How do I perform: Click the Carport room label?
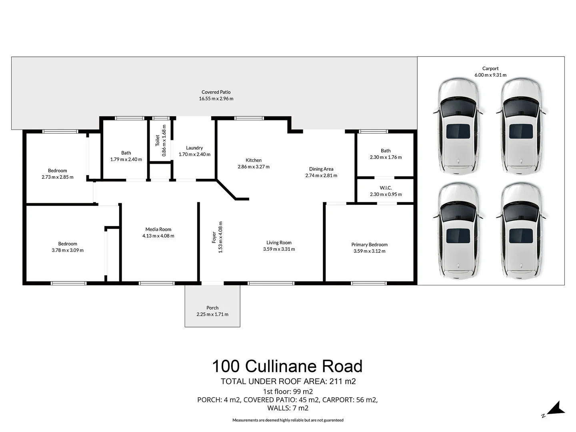tap(490, 68)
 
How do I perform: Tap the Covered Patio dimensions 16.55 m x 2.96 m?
tap(216, 98)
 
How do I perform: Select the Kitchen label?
tap(254, 160)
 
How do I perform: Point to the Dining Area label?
tap(321, 169)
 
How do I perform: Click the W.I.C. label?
tap(386, 188)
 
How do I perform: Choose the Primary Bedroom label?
tap(369, 245)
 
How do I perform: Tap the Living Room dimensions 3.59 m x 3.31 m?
tap(279, 249)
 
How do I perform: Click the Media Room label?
tap(158, 230)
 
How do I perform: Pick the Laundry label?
tap(194, 148)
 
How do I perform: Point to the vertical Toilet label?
tap(158, 140)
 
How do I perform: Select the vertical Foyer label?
tap(214, 237)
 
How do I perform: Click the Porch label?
tap(212, 308)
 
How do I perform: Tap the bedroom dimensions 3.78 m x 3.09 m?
tap(68, 250)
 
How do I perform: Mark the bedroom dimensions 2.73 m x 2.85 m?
tap(58, 177)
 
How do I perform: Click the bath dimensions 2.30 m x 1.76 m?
tap(386, 157)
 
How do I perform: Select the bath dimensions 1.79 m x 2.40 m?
tap(126, 159)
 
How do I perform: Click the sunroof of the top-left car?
tap(458, 131)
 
